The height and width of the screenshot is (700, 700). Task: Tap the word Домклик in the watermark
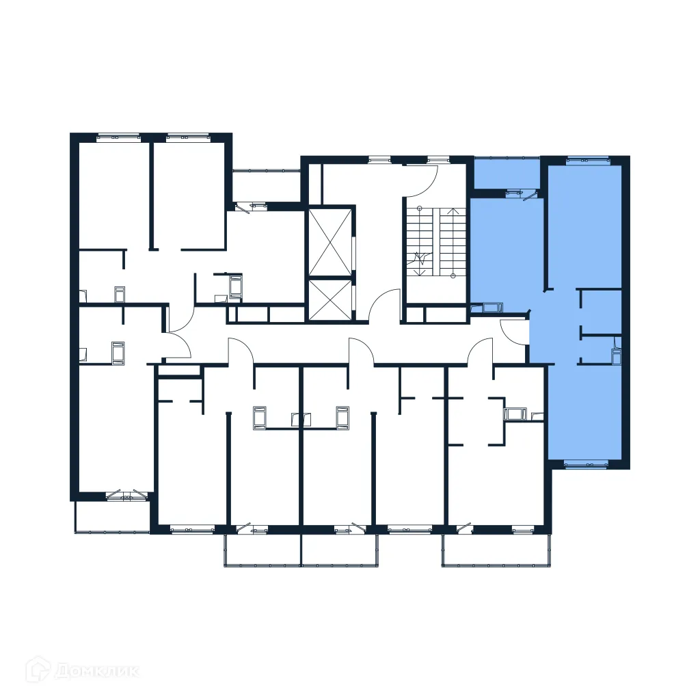[x=96, y=671]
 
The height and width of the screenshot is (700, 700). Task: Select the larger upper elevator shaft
[x=330, y=240]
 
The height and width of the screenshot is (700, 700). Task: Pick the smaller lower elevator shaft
[x=330, y=299]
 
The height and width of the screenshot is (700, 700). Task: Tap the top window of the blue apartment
[x=587, y=161]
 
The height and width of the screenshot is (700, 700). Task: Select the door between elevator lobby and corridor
[x=386, y=305]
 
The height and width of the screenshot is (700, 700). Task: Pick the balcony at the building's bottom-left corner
[x=112, y=516]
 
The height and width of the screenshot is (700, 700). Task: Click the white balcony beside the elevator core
[x=266, y=185]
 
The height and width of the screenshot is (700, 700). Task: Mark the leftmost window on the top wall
[x=118, y=137]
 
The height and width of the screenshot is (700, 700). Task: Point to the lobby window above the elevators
[x=379, y=160]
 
